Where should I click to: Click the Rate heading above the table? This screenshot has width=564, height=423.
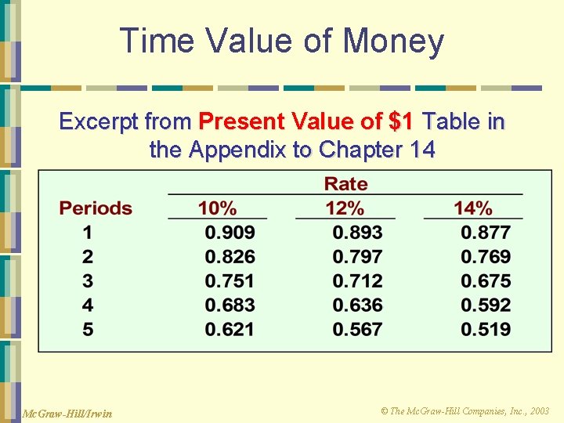[x=345, y=184]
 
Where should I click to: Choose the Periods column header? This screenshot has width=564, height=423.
[x=96, y=208]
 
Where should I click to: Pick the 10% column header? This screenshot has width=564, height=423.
[x=217, y=208]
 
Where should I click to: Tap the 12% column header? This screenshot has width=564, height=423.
[x=345, y=208]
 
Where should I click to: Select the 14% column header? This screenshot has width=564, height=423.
[x=473, y=208]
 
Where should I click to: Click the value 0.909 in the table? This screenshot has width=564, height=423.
[x=230, y=233]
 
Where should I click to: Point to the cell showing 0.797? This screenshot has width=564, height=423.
[x=357, y=257]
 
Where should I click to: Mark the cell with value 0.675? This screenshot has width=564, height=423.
[x=486, y=281]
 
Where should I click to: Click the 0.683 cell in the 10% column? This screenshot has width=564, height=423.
[x=230, y=305]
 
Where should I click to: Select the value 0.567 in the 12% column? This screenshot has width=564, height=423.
[x=357, y=330]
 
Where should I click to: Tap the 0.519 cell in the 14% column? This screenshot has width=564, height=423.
[x=486, y=330]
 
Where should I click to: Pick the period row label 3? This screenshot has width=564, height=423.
[x=88, y=281]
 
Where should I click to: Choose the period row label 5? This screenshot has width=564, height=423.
[x=88, y=330]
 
